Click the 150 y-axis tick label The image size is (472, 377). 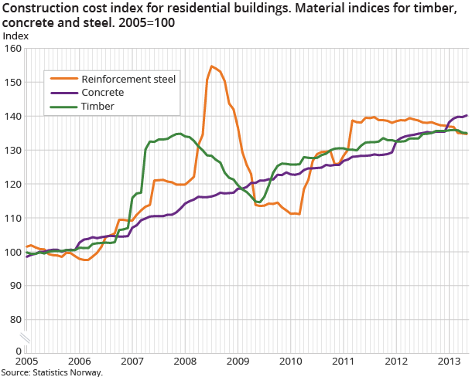[x=12, y=82]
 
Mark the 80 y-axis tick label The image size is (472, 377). [x=15, y=319]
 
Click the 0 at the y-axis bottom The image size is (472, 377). [x=18, y=352]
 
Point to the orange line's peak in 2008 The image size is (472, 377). [x=211, y=66]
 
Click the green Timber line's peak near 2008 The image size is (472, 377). [x=178, y=134]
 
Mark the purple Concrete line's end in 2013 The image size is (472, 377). [x=467, y=115]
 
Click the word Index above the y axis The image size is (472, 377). [x=15, y=36]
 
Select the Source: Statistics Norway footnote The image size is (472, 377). [x=52, y=372]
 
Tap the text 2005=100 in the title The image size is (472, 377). [x=147, y=22]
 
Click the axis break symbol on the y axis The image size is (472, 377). [x=25, y=337]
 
